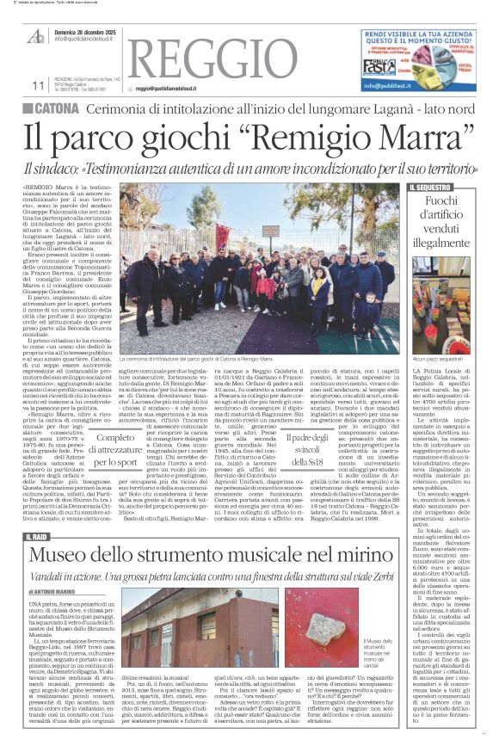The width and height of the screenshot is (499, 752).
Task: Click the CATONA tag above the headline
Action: click(54, 108)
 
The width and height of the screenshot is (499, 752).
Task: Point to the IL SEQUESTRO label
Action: click(430, 187)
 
